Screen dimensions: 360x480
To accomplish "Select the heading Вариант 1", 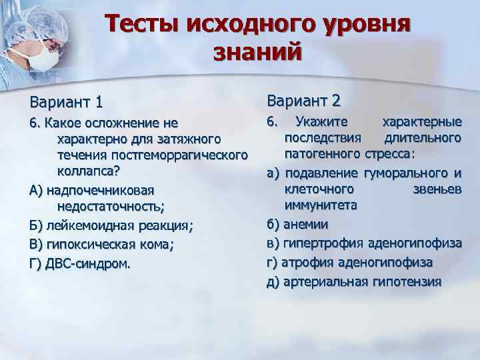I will pyautogui.click(x=65, y=103).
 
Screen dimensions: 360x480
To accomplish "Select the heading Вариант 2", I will pyautogui.click(x=303, y=101).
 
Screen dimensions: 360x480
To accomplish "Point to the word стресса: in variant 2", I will pyautogui.click(x=389, y=154).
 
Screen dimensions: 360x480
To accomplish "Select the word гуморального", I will pyautogui.click(x=405, y=174).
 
